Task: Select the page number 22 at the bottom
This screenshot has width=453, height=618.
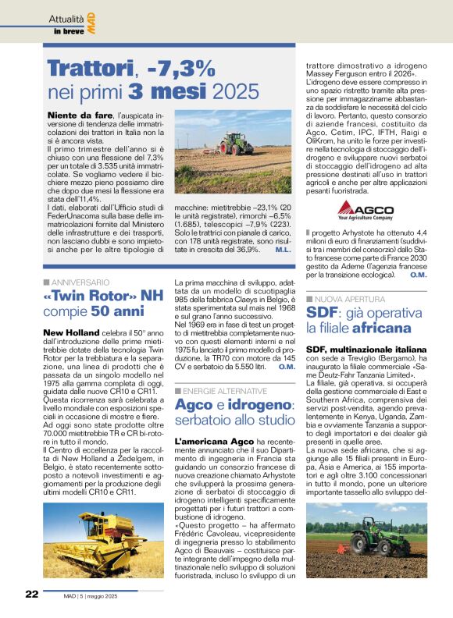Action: [x=32, y=594]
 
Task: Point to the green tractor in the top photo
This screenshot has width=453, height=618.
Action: [x=235, y=144]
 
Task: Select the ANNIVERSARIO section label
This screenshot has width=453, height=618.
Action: [x=80, y=281]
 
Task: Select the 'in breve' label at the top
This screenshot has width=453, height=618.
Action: [x=68, y=31]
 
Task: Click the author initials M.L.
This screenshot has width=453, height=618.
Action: [x=284, y=249]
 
